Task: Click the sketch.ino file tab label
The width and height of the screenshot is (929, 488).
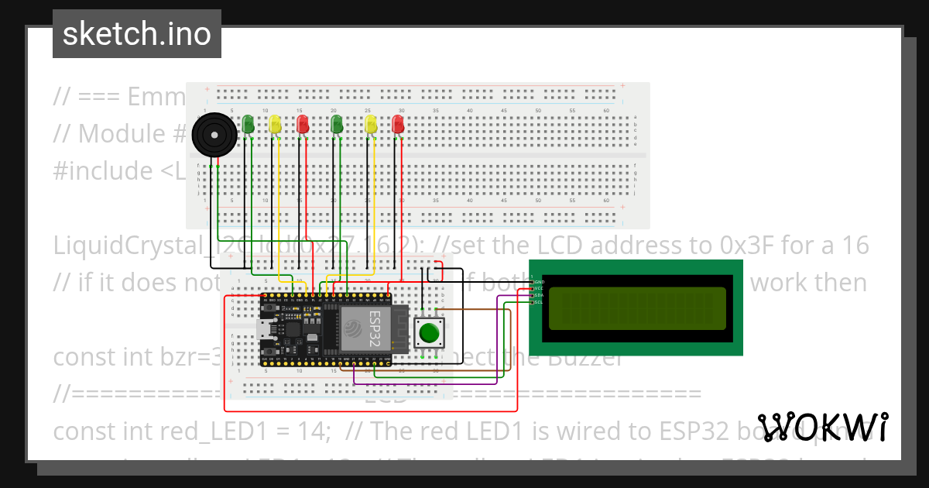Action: (136, 34)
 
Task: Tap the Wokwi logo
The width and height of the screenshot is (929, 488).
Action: (822, 428)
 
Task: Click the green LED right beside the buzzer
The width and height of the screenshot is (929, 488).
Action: (248, 123)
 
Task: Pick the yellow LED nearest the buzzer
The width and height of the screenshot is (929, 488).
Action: (275, 123)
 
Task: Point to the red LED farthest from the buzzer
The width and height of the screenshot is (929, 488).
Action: (398, 123)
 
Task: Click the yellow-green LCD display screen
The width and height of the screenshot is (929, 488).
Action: (637, 308)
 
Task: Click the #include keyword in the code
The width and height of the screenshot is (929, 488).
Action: (103, 170)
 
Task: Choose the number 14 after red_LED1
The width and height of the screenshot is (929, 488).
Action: (313, 431)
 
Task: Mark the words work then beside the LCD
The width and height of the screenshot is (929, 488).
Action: (808, 282)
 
